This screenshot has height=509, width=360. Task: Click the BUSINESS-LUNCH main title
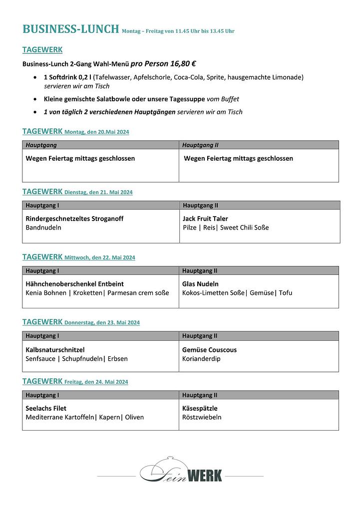click(71, 29)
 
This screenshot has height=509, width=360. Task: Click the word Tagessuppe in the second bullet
click(187, 99)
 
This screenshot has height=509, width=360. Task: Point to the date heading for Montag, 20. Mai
click(97, 132)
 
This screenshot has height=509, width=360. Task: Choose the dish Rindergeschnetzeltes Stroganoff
click(74, 219)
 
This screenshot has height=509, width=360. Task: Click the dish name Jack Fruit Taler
click(205, 219)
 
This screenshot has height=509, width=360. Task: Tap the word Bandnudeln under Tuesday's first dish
click(43, 228)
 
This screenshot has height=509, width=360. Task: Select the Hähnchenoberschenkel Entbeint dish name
click(74, 284)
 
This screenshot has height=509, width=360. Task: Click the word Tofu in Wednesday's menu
click(286, 293)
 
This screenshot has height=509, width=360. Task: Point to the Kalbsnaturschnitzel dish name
click(55, 350)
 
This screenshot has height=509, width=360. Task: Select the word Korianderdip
click(201, 359)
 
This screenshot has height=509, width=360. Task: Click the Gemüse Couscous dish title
click(209, 350)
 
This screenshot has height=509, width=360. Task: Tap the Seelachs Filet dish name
click(46, 408)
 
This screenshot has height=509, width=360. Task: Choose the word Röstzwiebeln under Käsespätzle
click(202, 417)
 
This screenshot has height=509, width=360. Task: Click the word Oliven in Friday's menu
click(134, 417)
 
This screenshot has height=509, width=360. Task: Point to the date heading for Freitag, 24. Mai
click(96, 382)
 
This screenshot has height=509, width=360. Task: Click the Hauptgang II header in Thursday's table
click(200, 336)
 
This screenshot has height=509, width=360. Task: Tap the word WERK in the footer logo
click(205, 476)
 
